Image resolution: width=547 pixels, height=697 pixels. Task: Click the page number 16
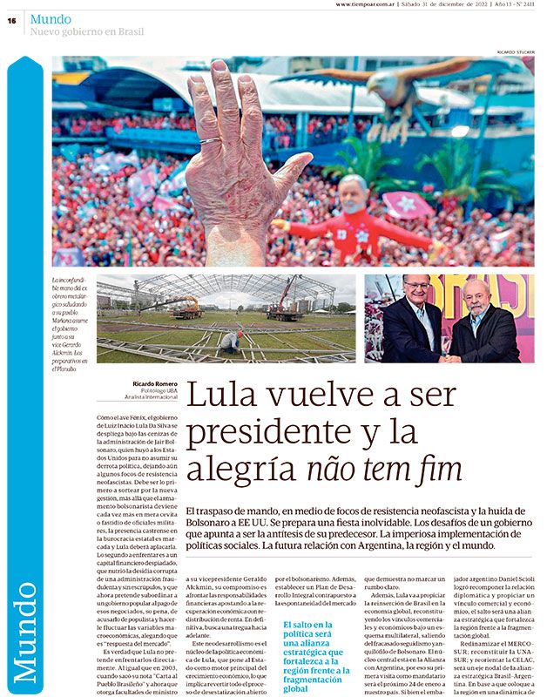click(13, 21)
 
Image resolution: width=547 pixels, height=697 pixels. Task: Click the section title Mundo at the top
click(51, 18)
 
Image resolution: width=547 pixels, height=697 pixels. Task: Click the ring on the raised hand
click(210, 140)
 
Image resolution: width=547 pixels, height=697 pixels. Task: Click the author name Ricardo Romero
click(156, 384)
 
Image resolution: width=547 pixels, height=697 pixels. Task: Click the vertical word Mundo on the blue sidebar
click(24, 628)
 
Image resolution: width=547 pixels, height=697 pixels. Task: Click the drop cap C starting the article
click(106, 420)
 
